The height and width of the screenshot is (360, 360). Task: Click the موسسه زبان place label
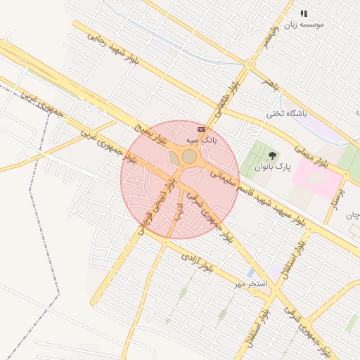[x=304, y=25]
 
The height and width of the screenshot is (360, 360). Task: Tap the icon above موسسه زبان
[x=304, y=13]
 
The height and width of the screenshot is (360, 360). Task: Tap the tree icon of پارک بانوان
[x=273, y=155]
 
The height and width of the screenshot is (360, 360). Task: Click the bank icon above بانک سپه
[x=202, y=129]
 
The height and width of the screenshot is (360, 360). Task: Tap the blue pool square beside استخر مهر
[x=251, y=272]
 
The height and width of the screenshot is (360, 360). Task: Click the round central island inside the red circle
[x=189, y=156]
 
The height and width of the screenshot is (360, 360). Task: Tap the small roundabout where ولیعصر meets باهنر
[x=250, y=64]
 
